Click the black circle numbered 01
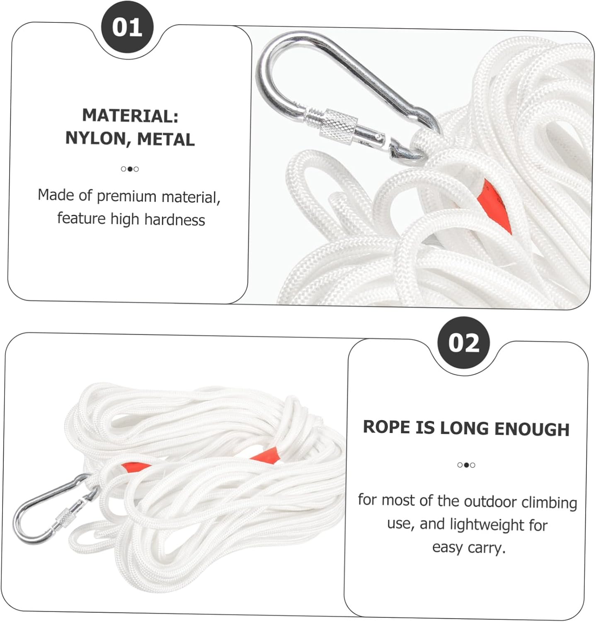tap(127, 27)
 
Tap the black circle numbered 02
tap(464, 343)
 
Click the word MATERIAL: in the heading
tap(130, 115)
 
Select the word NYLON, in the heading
tap(98, 138)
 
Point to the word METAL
tap(166, 140)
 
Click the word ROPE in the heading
tap(386, 427)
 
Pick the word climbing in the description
tap(549, 503)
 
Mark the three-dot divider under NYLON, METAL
tap(130, 169)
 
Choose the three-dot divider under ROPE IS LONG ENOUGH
tap(466, 465)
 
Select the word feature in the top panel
tap(81, 218)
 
